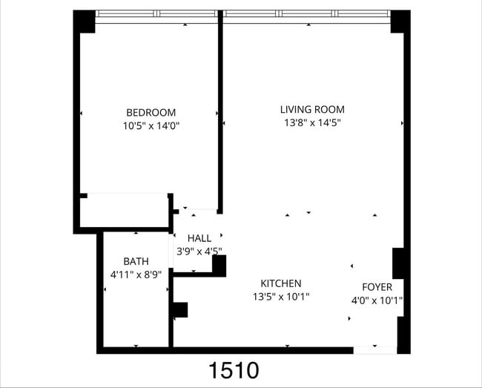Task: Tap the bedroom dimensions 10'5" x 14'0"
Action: coord(151,126)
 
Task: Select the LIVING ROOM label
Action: coord(312,109)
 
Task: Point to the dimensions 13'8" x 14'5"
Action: coord(312,122)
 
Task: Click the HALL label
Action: coord(199,238)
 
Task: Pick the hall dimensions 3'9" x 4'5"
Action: coord(199,251)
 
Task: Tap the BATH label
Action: coord(136,261)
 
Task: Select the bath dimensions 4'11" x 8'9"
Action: coord(136,274)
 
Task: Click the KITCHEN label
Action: coord(280,283)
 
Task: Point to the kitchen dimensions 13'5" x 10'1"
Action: coord(280,297)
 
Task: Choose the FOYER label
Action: coord(377,287)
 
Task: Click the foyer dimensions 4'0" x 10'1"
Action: coord(377,300)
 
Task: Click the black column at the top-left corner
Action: coord(84,21)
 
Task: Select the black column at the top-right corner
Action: coord(400,21)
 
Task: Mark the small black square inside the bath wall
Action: coord(180,309)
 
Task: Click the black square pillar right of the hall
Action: coord(219,264)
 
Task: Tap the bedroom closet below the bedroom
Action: coord(125,210)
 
